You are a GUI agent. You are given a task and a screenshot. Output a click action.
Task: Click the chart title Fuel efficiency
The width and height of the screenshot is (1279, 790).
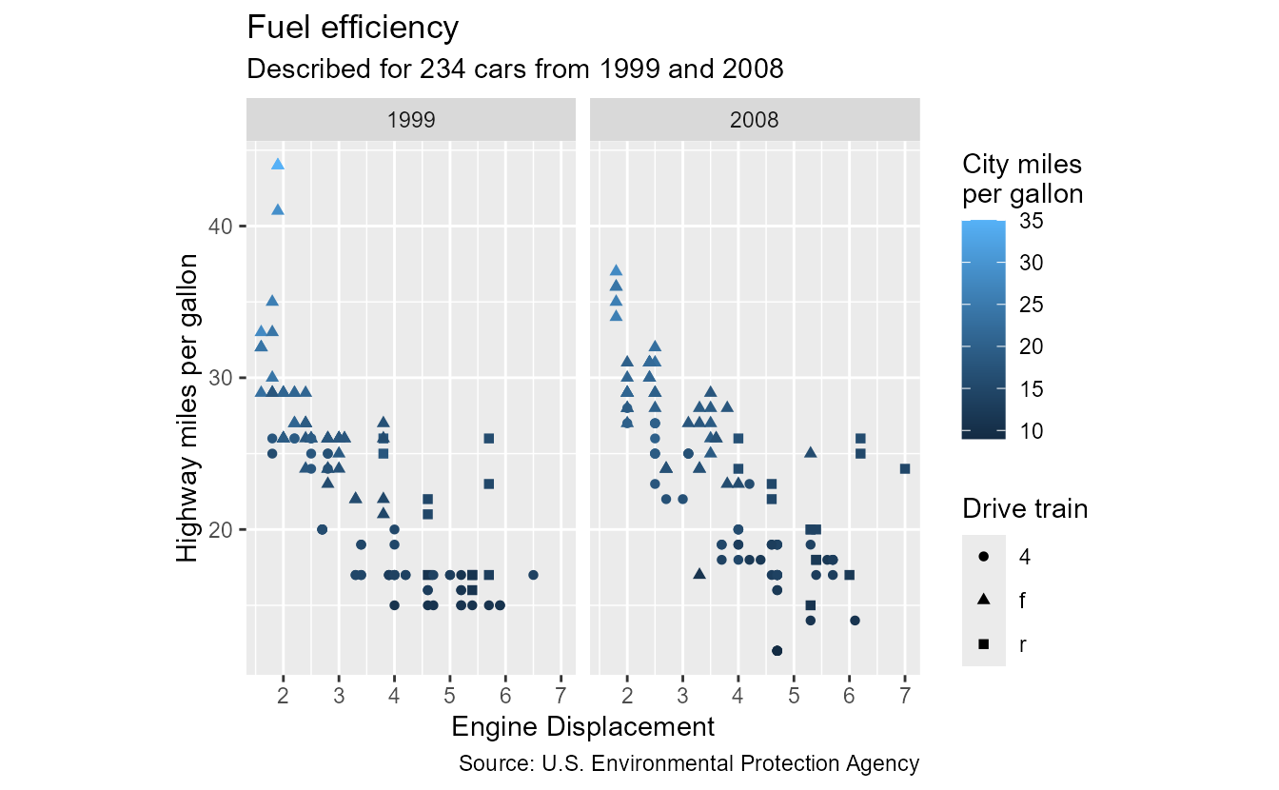point(352,29)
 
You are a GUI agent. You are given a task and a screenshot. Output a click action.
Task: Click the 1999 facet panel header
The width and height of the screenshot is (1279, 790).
point(411,120)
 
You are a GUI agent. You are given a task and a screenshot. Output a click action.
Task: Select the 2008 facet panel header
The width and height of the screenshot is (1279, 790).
point(755,120)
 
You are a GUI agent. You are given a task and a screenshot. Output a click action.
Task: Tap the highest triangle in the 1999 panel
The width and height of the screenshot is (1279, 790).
point(278,164)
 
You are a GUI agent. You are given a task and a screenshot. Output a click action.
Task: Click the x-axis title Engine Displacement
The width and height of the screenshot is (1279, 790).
point(582,728)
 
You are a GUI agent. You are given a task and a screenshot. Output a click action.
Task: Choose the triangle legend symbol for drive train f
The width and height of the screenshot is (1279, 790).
point(983,601)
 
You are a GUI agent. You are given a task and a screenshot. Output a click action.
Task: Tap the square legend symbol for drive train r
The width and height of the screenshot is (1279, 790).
point(983,644)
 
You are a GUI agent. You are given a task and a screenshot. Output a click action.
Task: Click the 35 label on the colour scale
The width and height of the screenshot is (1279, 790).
point(1030,221)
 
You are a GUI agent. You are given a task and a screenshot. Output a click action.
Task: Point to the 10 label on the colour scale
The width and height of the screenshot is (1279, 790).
point(1030,431)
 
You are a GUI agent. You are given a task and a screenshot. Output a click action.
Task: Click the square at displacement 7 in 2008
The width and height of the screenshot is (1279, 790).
point(905,468)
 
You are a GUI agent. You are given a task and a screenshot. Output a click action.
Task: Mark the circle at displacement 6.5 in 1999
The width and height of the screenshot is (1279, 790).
point(533,575)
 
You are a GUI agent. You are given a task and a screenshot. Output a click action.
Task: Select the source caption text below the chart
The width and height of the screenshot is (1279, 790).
point(689,763)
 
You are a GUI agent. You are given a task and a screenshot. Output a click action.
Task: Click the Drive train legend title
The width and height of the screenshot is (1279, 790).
point(1025,509)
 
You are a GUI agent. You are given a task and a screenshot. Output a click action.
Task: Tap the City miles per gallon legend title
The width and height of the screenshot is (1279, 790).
point(1022,179)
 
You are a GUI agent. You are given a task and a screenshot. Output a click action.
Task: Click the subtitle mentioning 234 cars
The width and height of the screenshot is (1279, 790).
point(515,69)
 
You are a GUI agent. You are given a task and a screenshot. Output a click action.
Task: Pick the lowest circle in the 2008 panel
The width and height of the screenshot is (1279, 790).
point(777,651)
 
